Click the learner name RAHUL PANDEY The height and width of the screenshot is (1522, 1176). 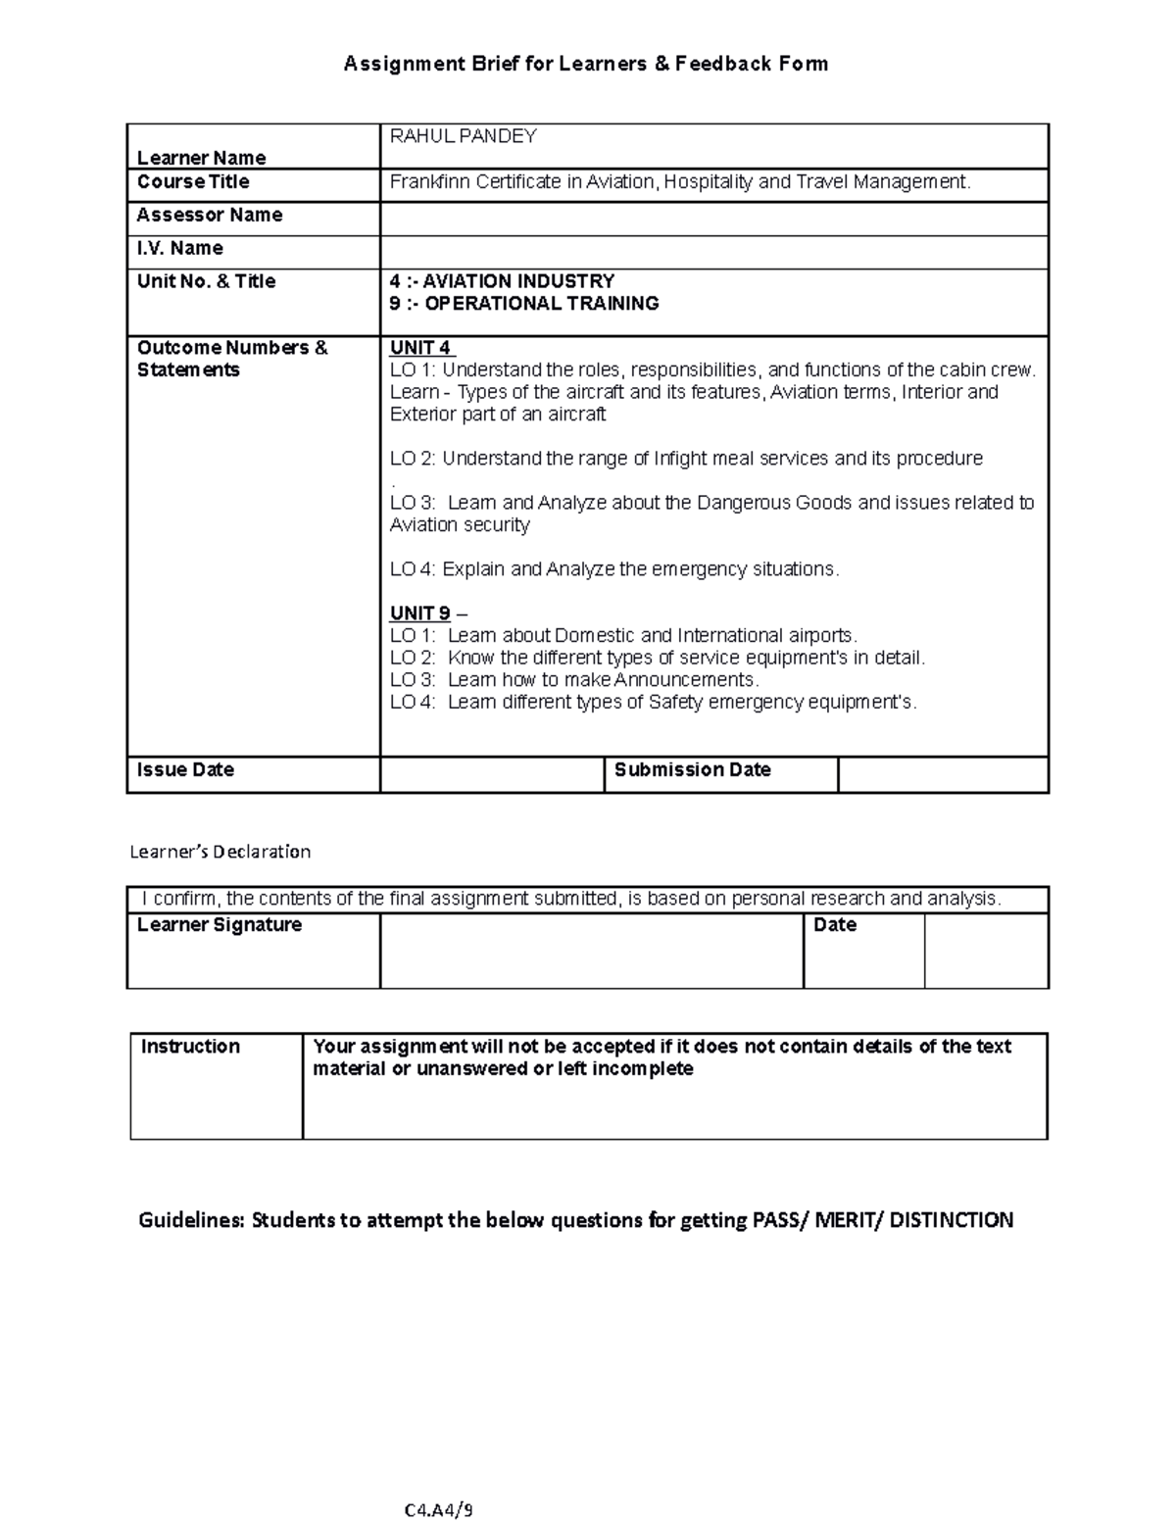tap(463, 136)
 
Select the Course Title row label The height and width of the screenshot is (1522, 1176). tap(193, 182)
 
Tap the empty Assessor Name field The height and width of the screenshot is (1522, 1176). tap(713, 219)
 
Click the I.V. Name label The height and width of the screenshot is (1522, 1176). tap(179, 248)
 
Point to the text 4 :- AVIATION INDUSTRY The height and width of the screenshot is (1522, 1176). tap(502, 281)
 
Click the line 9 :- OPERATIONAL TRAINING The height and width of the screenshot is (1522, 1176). tap(523, 304)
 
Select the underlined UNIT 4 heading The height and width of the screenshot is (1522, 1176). tap(421, 348)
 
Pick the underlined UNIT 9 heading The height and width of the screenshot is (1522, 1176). tap(420, 614)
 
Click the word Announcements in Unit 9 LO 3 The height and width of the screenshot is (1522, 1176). tap(685, 680)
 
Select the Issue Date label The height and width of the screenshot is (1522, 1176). tap(185, 770)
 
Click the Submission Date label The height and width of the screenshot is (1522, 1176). tap(692, 770)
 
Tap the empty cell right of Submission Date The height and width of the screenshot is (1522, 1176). tap(943, 774)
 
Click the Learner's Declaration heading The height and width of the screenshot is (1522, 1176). tap(220, 852)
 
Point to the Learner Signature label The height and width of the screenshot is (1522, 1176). tap(219, 925)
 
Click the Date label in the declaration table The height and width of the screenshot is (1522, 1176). tap(834, 925)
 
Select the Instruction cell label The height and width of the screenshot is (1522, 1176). tap(190, 1047)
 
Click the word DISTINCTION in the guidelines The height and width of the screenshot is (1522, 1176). tap(951, 1220)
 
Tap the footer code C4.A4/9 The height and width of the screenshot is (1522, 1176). tap(438, 1509)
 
